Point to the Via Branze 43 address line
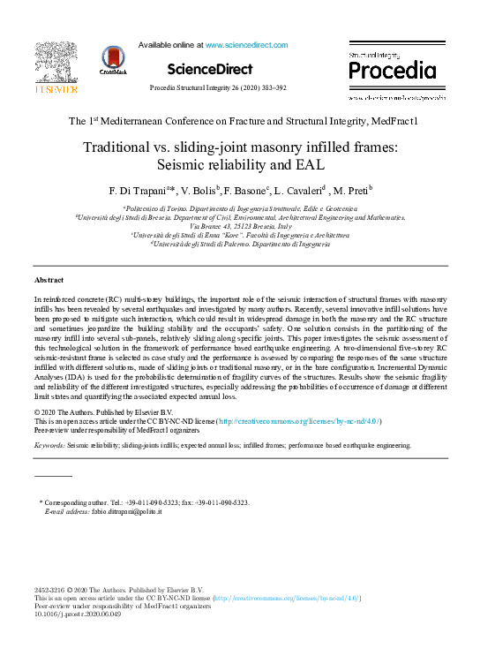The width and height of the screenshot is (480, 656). click(240, 226)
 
